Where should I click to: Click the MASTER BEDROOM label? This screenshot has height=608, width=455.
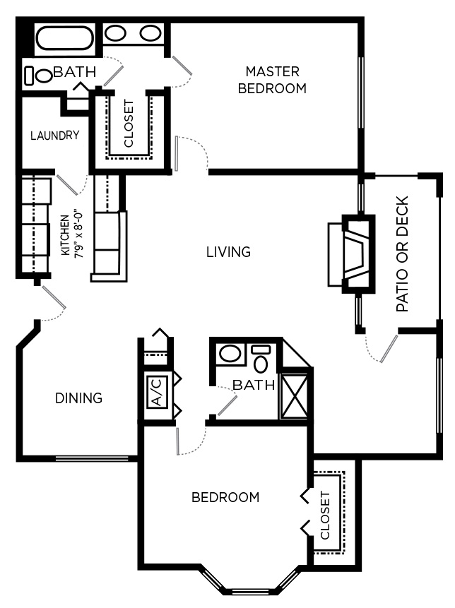pyautogui.click(x=272, y=80)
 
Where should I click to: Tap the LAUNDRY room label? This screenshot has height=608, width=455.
pyautogui.click(x=54, y=136)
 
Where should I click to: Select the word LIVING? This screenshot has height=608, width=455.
pyautogui.click(x=228, y=251)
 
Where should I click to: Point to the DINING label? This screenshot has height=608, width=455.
pyautogui.click(x=78, y=398)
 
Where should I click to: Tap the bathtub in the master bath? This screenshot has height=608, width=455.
pyautogui.click(x=64, y=37)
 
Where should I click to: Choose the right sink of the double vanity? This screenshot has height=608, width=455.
pyautogui.click(x=150, y=33)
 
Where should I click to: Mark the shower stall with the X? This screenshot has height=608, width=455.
pyautogui.click(x=294, y=395)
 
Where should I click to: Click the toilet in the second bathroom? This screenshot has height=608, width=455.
pyautogui.click(x=261, y=361)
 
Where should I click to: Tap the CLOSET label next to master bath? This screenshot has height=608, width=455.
pyautogui.click(x=129, y=124)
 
